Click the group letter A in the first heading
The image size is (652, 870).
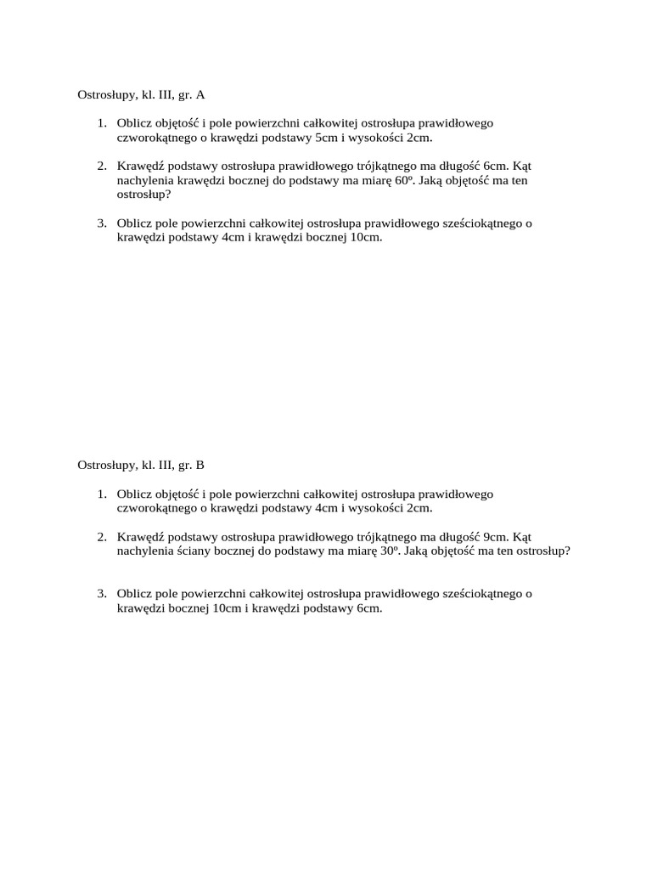coord(200,95)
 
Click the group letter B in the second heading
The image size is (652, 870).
coord(200,465)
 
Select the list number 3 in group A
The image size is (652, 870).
coord(101,223)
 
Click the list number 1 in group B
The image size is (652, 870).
coord(101,494)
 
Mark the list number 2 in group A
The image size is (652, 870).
coord(101,167)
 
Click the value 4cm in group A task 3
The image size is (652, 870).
coord(233,237)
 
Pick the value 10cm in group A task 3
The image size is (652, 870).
coord(366,237)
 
